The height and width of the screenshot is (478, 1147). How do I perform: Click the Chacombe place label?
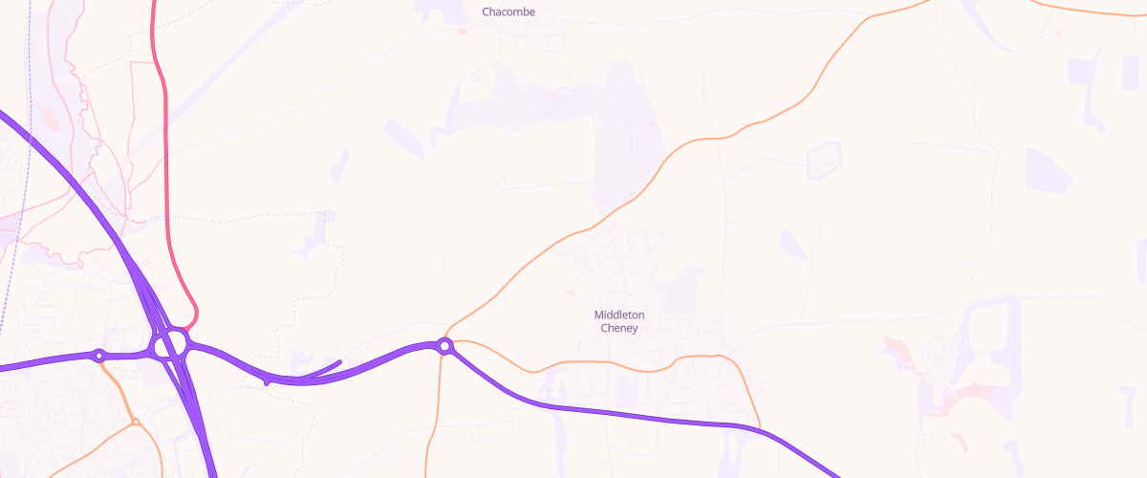point(509,12)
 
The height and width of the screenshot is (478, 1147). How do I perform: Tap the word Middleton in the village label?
point(619,315)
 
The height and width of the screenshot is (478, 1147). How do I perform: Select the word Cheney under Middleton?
point(619,328)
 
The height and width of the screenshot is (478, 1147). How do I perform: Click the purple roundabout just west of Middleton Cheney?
point(444,345)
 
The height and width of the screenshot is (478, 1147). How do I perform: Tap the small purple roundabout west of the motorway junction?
point(98,356)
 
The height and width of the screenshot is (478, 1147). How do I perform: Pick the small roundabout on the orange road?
point(136,421)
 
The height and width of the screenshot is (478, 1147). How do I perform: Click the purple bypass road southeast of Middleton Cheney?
point(669,419)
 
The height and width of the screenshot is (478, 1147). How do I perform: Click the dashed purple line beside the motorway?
point(24,191)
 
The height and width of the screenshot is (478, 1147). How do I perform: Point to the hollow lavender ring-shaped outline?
point(823,160)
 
